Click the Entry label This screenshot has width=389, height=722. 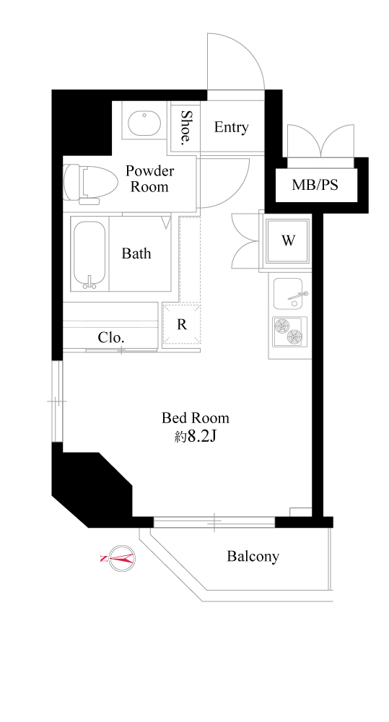click(231, 127)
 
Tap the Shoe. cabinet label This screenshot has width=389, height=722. click(185, 127)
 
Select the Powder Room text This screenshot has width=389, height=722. click(149, 179)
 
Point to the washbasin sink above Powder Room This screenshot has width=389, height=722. click(144, 123)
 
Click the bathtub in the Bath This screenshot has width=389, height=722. click(89, 254)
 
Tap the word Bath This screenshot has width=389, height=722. click(136, 253)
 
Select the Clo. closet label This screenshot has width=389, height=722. click(111, 338)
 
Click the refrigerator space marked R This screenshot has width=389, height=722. click(182, 324)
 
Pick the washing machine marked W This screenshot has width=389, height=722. click(288, 240)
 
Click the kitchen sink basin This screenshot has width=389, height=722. click(288, 293)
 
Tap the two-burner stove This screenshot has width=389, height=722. click(289, 331)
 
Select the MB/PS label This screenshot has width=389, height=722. click(315, 185)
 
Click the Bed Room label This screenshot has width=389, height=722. click(195, 418)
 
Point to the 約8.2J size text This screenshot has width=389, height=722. click(196, 437)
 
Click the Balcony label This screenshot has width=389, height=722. click(253, 556)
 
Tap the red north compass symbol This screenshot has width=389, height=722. click(119, 559)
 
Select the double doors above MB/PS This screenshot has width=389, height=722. click(321, 141)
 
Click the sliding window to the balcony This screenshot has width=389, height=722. click(214, 522)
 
